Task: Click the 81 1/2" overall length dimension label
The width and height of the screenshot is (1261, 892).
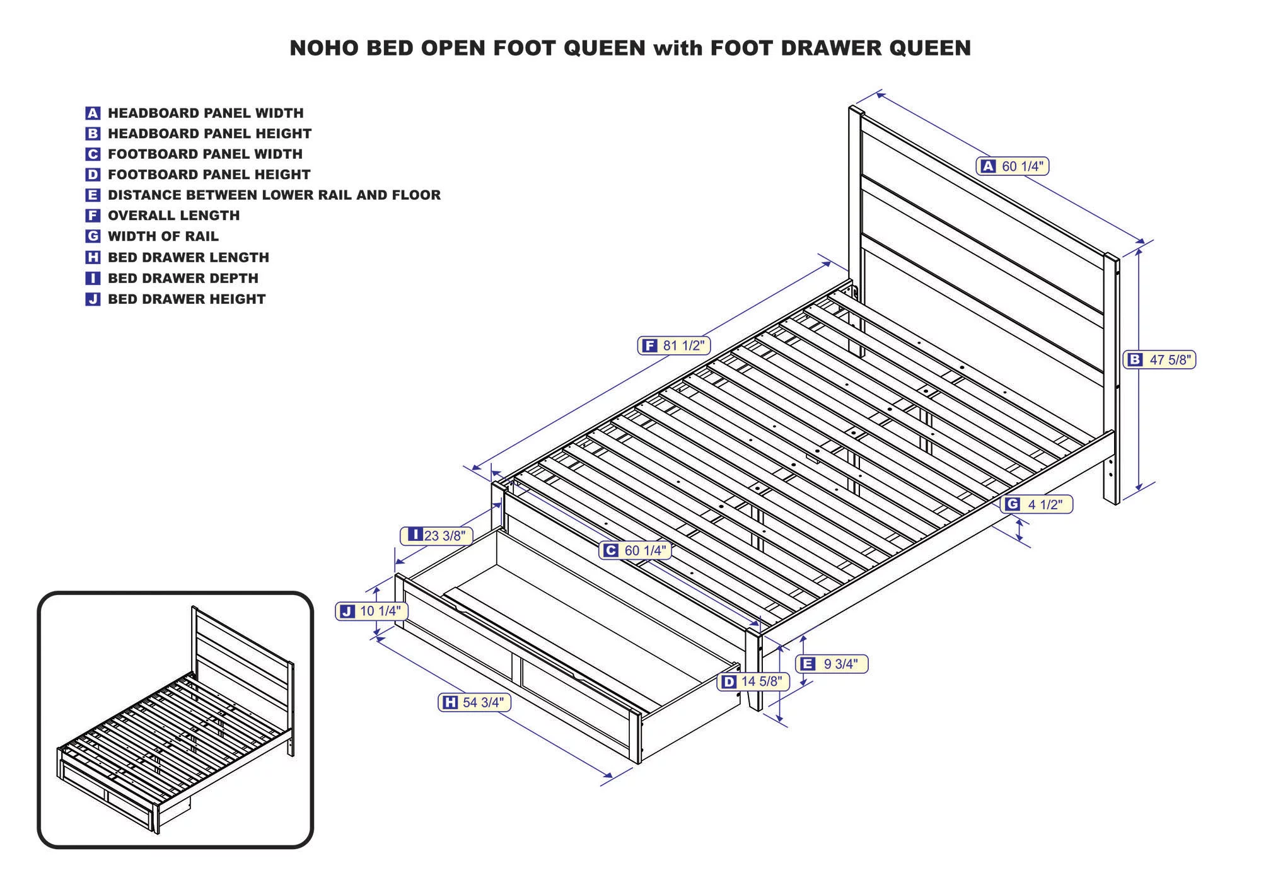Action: click(x=674, y=345)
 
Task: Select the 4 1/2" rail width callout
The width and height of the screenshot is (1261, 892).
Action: click(x=1037, y=504)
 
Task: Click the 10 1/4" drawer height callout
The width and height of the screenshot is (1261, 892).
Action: click(x=372, y=611)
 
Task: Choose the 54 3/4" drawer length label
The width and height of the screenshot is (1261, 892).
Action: click(x=474, y=702)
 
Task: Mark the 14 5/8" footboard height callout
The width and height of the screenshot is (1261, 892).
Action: click(x=753, y=681)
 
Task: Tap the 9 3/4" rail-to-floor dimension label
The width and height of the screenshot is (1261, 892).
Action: click(x=832, y=664)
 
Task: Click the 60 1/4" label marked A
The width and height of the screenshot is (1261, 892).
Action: click(x=1013, y=166)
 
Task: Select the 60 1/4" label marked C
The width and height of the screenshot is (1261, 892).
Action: click(x=635, y=550)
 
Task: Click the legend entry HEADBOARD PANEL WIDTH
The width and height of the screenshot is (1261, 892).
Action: click(x=206, y=113)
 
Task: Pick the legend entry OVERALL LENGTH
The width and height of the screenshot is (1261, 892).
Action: click(x=173, y=216)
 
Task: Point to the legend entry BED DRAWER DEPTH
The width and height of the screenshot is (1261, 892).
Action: click(x=183, y=278)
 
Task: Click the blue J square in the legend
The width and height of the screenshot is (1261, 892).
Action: click(x=93, y=299)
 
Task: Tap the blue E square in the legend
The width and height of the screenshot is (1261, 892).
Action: click(x=93, y=195)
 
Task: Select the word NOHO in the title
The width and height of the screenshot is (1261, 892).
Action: click(x=324, y=48)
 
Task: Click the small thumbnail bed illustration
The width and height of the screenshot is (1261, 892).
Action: click(x=175, y=720)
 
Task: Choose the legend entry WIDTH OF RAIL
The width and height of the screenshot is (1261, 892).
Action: click(x=163, y=236)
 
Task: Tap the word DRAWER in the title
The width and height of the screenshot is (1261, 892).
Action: click(x=831, y=48)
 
